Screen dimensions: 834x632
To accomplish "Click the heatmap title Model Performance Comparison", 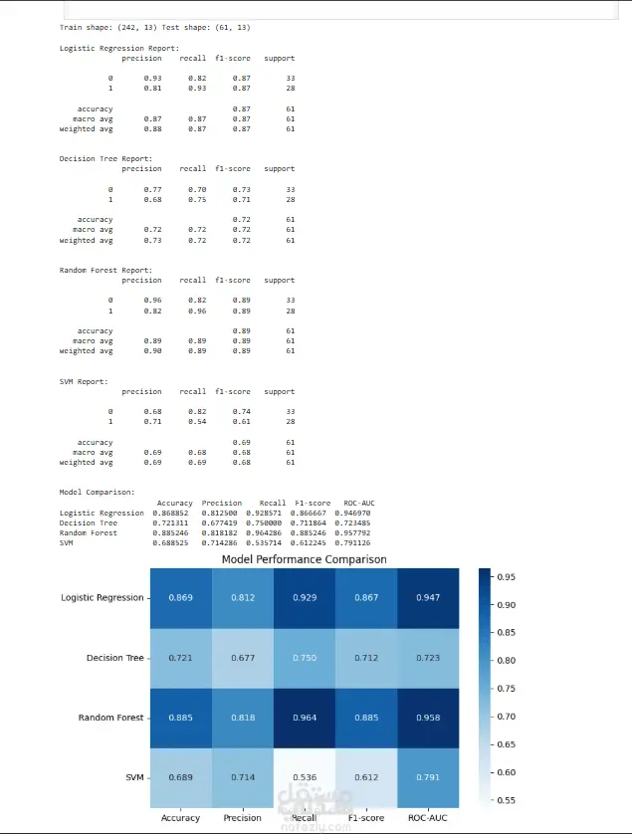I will click(x=304, y=559).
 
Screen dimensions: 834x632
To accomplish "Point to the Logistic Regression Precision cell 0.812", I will click(x=243, y=598).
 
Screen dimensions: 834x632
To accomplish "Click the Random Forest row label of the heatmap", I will click(x=110, y=718).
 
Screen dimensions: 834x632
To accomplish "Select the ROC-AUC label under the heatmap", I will click(x=428, y=818).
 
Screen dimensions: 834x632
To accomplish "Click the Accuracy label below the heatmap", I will click(x=180, y=818).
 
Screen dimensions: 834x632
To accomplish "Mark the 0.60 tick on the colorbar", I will click(x=506, y=771).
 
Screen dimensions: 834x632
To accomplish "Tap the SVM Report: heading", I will click(x=83, y=381).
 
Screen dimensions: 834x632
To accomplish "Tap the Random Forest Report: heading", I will click(x=105, y=270).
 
